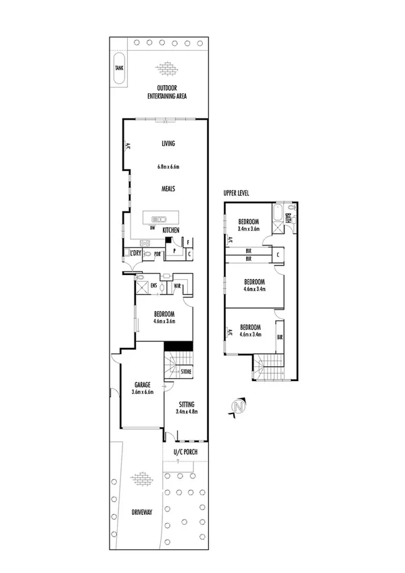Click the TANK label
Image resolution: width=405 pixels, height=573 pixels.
(119, 68)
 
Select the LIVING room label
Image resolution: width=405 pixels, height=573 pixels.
(168, 143)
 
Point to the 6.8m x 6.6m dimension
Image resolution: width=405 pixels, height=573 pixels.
(168, 167)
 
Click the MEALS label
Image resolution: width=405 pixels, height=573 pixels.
(168, 189)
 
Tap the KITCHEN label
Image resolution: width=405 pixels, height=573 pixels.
(170, 231)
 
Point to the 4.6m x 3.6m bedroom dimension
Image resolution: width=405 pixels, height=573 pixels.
(164, 321)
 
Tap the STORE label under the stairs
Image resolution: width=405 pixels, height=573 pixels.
(186, 372)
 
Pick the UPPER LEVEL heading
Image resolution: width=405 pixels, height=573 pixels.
(237, 193)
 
